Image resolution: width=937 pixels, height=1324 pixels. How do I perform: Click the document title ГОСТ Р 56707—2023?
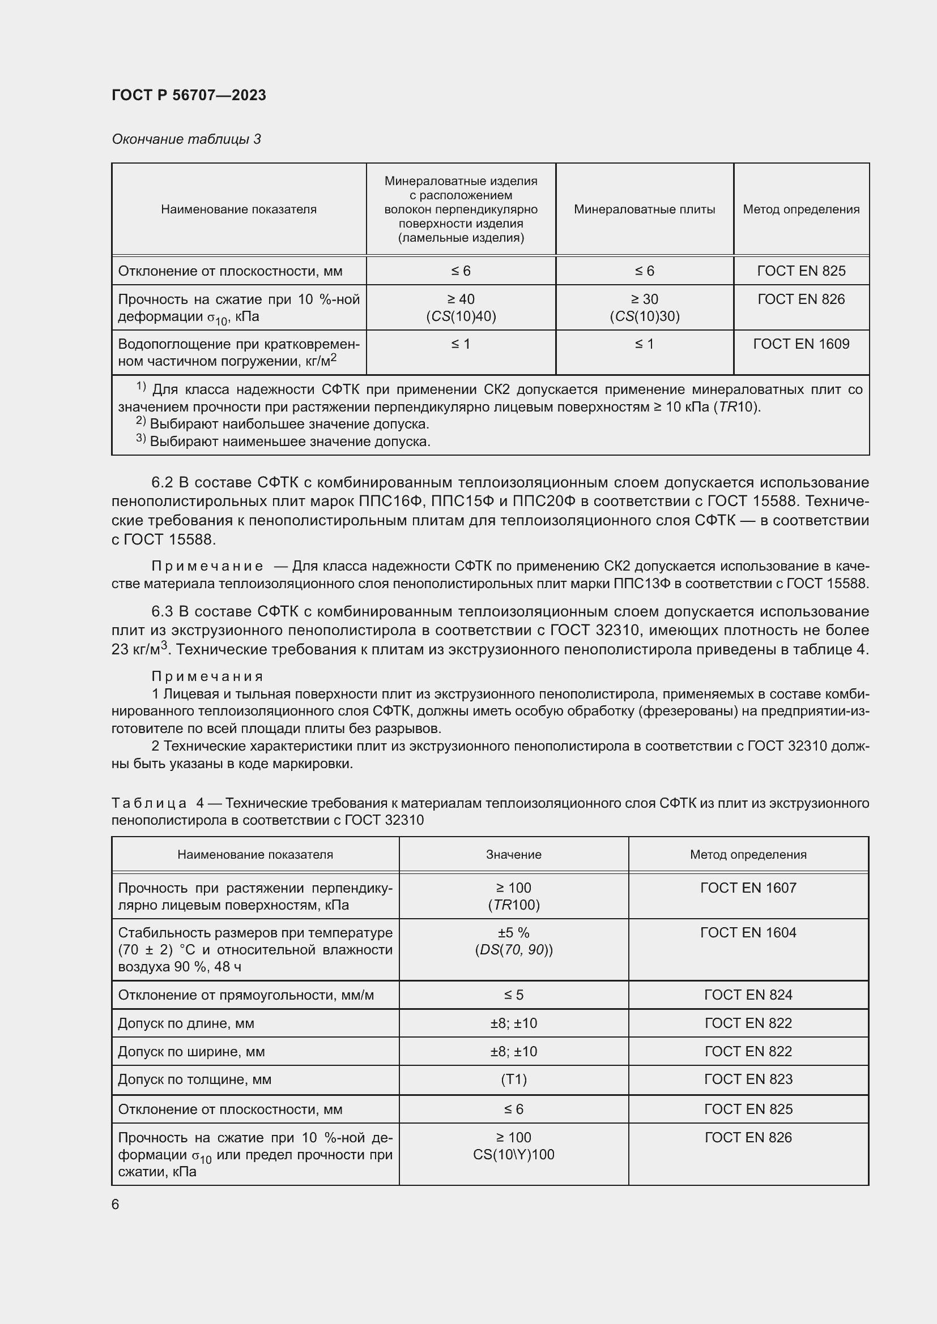pyautogui.click(x=189, y=95)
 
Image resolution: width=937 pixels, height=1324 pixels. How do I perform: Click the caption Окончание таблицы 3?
pyautogui.click(x=186, y=139)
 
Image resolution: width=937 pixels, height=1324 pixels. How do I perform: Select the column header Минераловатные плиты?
pyautogui.click(x=644, y=209)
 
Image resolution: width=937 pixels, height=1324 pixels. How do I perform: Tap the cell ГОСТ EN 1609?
pyautogui.click(x=801, y=344)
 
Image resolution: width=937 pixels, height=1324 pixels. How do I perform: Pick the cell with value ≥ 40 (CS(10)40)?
pyautogui.click(x=461, y=307)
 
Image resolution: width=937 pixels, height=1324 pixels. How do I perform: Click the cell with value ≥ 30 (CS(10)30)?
pyautogui.click(x=644, y=307)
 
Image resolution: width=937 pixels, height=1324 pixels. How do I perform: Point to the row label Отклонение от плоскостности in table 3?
pyautogui.click(x=229, y=271)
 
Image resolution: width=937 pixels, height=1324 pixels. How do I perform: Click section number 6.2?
pyautogui.click(x=162, y=483)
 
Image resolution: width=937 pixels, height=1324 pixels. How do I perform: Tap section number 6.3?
pyautogui.click(x=162, y=611)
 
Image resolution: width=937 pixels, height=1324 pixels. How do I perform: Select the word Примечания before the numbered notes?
pyautogui.click(x=207, y=676)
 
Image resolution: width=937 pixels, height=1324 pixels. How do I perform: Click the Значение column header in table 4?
pyautogui.click(x=513, y=855)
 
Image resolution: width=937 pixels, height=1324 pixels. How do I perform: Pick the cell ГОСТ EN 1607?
pyautogui.click(x=748, y=888)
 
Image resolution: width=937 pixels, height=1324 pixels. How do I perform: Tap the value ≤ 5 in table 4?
pyautogui.click(x=513, y=995)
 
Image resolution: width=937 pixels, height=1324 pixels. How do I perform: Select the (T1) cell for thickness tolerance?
pyautogui.click(x=513, y=1079)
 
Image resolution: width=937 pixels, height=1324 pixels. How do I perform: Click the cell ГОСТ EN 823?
pyautogui.click(x=748, y=1079)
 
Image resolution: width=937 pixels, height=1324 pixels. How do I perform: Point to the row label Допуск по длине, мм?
pyautogui.click(x=186, y=1023)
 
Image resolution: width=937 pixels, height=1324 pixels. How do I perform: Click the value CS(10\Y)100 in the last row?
pyautogui.click(x=513, y=1154)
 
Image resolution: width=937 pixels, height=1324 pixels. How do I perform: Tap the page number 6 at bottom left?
pyautogui.click(x=116, y=1205)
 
